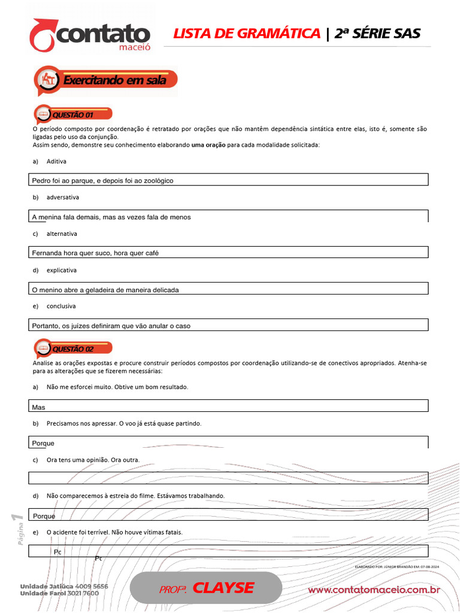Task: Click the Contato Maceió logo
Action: point(90,36)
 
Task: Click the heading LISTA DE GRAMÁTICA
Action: point(246,34)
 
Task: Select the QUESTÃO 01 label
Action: point(73,114)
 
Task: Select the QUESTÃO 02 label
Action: point(73,348)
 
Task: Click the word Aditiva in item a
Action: point(56,162)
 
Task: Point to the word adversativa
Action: point(62,198)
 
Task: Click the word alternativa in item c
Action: point(62,234)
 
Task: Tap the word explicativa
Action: point(62,271)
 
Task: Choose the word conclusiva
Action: point(61,306)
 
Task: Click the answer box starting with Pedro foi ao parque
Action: point(229,180)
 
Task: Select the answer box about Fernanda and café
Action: point(229,253)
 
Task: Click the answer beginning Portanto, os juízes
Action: point(229,326)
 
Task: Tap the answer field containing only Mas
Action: point(229,406)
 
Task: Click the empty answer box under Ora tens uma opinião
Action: point(229,478)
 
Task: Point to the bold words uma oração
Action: point(208,145)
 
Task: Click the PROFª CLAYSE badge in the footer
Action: point(206,588)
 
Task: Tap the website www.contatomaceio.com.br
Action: point(374,590)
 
